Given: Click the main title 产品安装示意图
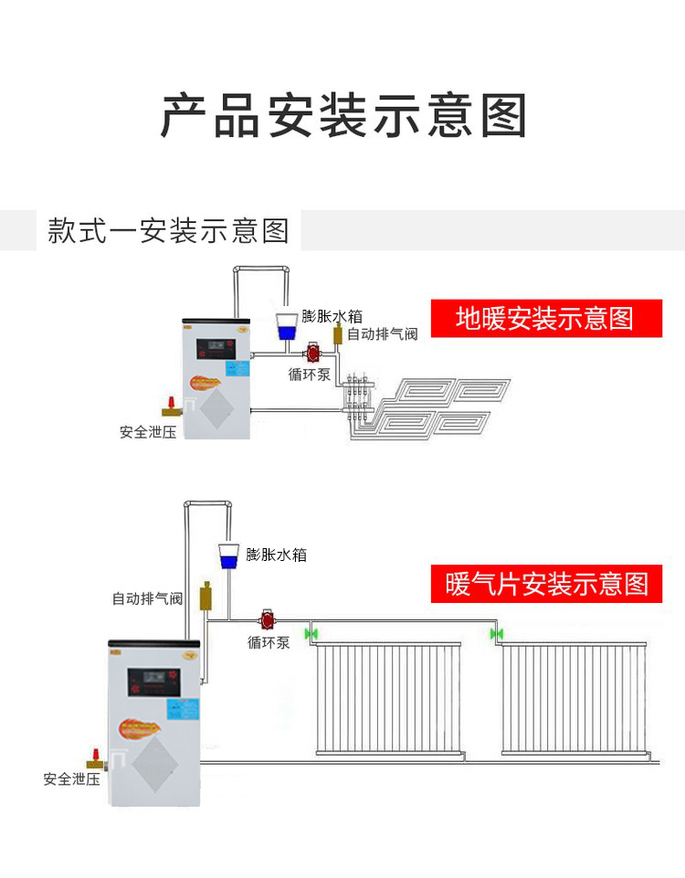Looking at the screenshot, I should coord(344,115).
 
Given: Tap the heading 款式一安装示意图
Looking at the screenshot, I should coord(168,230).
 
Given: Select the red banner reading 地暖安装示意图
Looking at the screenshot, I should coord(545,319).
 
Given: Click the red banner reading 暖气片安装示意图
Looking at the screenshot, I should coord(546,583).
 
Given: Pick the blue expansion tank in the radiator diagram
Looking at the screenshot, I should coord(227,554).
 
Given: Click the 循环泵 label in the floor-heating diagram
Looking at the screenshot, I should coord(309,374).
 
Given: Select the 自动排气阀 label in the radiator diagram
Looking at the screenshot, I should coord(147,599).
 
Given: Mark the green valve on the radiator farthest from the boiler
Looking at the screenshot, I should coord(497,633).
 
